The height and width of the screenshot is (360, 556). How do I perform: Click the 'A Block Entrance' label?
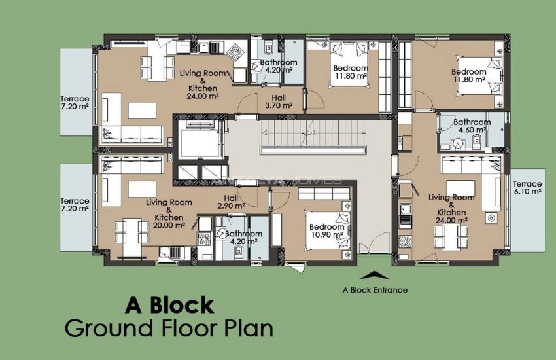tap(375, 290)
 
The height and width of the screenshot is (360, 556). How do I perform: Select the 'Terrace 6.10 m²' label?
tap(527, 188)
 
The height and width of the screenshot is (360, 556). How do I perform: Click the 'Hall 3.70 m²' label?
tap(279, 101)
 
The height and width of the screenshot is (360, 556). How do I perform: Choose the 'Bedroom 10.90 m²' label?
tap(326, 230)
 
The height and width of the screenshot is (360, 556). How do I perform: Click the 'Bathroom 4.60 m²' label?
tap(472, 126)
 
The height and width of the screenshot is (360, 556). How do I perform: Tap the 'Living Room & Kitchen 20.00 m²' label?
tap(169, 213)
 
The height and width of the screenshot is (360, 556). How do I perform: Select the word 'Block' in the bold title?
tap(182, 305)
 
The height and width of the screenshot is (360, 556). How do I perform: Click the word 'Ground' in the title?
tap(108, 329)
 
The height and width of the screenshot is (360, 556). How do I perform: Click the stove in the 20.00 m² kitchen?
tap(205, 239)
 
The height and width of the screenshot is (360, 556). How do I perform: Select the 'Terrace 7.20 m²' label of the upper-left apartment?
tap(75, 103)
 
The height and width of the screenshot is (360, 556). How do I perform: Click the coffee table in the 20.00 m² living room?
tap(142, 189)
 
